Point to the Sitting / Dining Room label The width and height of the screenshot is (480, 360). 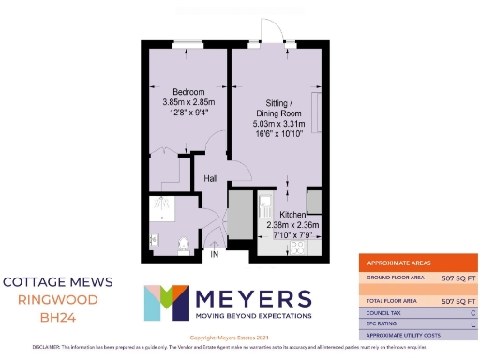pos(277,107)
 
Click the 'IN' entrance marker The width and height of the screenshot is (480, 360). pos(214,254)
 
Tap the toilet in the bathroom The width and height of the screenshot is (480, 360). pos(185,244)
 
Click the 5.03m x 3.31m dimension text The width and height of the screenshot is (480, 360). pos(277,123)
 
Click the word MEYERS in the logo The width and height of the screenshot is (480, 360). pos(252,299)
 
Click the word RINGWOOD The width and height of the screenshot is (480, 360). pos(58,300)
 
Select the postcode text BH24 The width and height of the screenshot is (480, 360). pos(58,319)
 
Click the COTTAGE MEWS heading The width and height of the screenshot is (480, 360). pos(58,281)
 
